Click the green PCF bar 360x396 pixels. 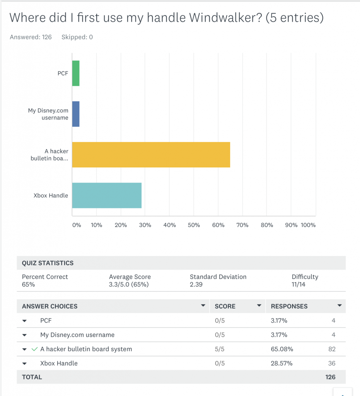(x=76, y=73)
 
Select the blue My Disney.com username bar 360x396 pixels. (x=76, y=114)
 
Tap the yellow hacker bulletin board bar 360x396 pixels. (x=151, y=154)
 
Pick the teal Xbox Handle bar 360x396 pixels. (x=107, y=195)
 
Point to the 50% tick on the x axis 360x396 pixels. (x=194, y=225)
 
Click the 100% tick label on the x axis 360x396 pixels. (x=308, y=225)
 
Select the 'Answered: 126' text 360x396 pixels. (x=31, y=37)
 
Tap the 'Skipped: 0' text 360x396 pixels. (x=77, y=37)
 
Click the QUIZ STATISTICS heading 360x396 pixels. (x=48, y=263)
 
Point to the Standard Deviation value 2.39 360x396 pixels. (x=196, y=284)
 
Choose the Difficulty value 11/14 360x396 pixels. (x=299, y=284)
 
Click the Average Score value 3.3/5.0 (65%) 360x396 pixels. (x=129, y=284)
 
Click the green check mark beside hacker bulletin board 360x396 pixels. (x=34, y=349)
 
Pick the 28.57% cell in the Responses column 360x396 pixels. (x=282, y=363)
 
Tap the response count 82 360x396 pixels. (x=331, y=349)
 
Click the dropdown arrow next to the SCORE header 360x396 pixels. (x=259, y=306)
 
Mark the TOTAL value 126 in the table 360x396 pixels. (x=330, y=377)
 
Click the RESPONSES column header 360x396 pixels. (x=289, y=306)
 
